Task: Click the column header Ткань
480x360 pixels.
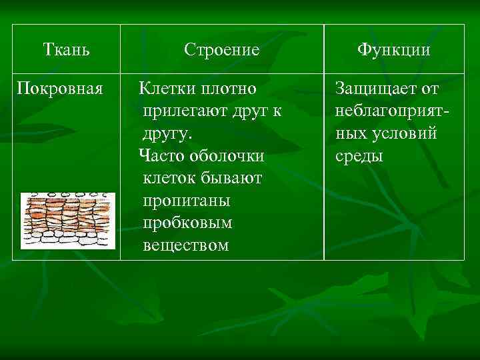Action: (x=66, y=49)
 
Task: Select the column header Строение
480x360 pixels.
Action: (x=221, y=50)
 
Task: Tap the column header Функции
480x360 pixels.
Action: (x=393, y=50)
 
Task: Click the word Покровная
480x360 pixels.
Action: (x=60, y=88)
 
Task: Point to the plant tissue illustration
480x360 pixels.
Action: (x=67, y=221)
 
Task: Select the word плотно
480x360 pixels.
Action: (x=229, y=89)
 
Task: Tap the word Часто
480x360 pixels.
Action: (x=161, y=156)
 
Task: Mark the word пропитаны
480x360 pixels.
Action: (x=186, y=201)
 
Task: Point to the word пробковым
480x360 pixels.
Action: (x=187, y=223)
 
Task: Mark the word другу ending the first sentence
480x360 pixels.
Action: (x=167, y=133)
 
